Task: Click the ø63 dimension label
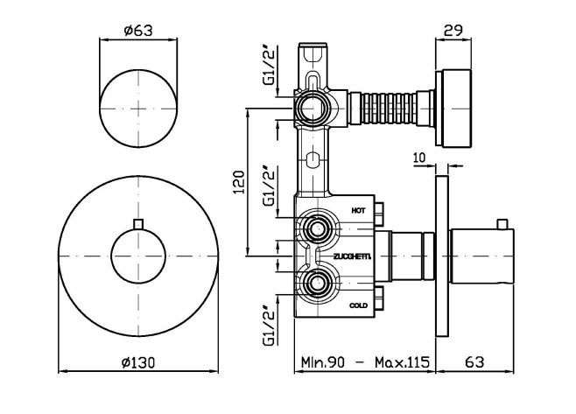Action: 138,30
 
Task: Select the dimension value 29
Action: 453,30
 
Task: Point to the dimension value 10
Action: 418,158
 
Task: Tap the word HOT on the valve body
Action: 358,210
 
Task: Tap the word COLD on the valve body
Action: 358,305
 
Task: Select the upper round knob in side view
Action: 456,108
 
